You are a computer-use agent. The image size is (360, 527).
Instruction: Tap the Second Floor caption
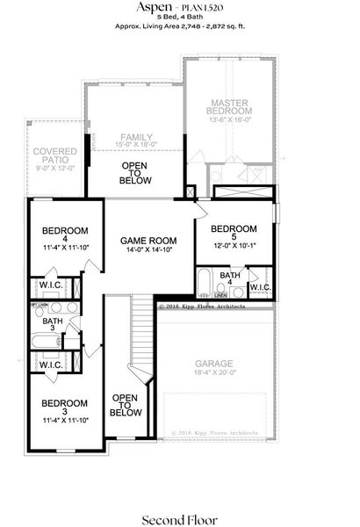[x=179, y=495]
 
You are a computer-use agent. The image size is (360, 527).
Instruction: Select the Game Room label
[x=149, y=240]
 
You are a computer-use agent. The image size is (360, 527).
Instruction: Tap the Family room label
[x=136, y=136]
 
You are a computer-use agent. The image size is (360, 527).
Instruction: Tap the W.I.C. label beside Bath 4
[x=261, y=286]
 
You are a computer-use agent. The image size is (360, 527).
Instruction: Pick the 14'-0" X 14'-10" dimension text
[x=149, y=250]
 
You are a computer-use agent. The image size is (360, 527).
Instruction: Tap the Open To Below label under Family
[x=135, y=173]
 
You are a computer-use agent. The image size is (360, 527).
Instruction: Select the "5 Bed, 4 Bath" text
[x=179, y=18]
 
